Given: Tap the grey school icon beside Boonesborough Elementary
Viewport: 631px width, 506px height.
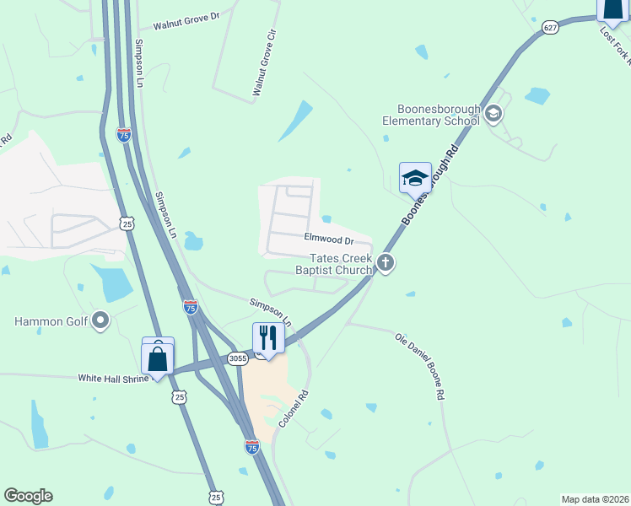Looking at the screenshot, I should [x=493, y=114].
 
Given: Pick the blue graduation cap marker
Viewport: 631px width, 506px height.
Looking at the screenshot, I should [x=415, y=178].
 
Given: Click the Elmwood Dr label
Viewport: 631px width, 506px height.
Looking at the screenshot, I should [x=328, y=240].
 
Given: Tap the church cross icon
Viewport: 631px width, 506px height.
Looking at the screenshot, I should [x=386, y=263].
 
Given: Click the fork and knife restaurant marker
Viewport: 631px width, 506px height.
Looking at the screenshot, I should [x=268, y=338].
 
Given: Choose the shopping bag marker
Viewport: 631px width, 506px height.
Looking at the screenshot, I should [x=158, y=356].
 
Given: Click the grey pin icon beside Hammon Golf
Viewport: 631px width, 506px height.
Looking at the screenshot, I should [x=101, y=320].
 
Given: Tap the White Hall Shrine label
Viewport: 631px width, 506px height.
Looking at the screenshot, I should [x=113, y=379].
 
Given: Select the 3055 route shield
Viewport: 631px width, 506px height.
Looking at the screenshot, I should [x=238, y=358].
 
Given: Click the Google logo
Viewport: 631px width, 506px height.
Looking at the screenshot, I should [x=28, y=496].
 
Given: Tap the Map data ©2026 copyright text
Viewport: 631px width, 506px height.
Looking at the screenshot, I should [x=595, y=499].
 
